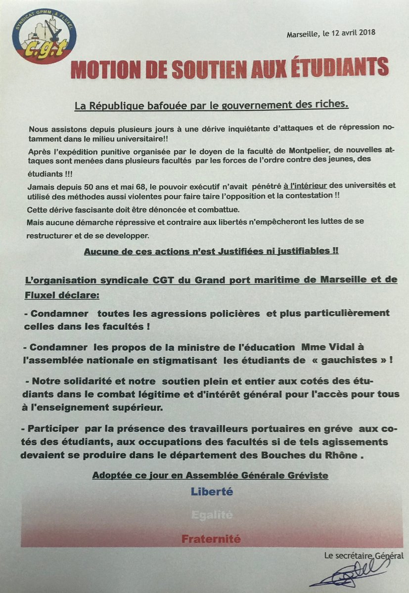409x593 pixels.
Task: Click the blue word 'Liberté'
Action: [x=212, y=492]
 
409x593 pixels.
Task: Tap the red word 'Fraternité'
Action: [x=211, y=539]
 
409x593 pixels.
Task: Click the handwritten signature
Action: [x=346, y=576]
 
